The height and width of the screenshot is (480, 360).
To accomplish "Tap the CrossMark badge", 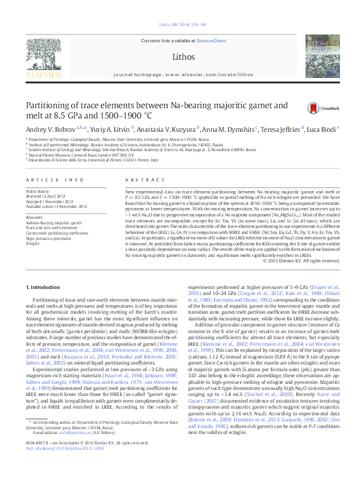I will pos(321,108).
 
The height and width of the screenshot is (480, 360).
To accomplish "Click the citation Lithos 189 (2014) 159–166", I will pos(182,25).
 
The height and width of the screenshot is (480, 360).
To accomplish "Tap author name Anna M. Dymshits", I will pos(232,129).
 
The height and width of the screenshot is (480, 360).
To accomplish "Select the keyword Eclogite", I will pos(34,243).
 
